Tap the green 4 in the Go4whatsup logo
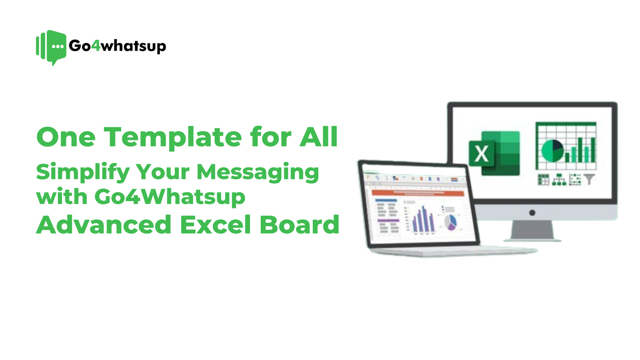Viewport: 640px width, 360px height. coord(96,46)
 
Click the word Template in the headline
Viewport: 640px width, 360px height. coord(173,137)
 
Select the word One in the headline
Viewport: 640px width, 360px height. coord(66,137)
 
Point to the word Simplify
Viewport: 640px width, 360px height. coord(82,172)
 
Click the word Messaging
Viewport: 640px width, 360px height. coord(258,172)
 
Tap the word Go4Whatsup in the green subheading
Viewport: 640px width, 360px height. coord(170,197)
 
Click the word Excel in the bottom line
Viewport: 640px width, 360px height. coord(215,225)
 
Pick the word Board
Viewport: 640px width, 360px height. coord(299,225)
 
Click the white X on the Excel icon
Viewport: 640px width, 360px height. coord(482,154)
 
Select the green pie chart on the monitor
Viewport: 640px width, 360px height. coord(552,150)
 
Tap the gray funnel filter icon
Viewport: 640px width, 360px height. coord(589,179)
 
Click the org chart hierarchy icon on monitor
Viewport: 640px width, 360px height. coord(559,180)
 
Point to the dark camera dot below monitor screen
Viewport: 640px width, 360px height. coord(532,213)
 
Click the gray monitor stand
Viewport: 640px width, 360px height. coord(532,231)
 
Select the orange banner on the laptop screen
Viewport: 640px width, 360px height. coord(418,193)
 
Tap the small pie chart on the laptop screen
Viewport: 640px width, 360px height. coord(451,222)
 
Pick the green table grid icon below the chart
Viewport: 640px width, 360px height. coord(543,180)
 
